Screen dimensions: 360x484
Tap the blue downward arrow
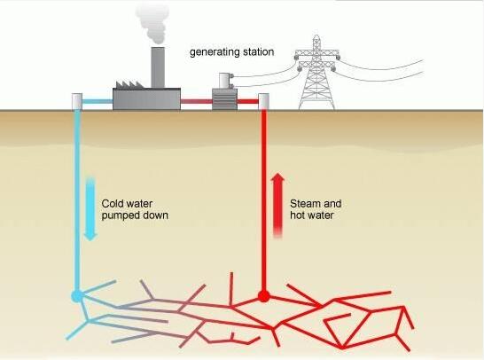pos(90,207)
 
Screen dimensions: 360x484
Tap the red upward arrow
pos(277,204)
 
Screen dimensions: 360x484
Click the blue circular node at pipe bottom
pos(77,294)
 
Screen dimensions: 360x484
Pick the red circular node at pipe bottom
pos(263,295)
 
